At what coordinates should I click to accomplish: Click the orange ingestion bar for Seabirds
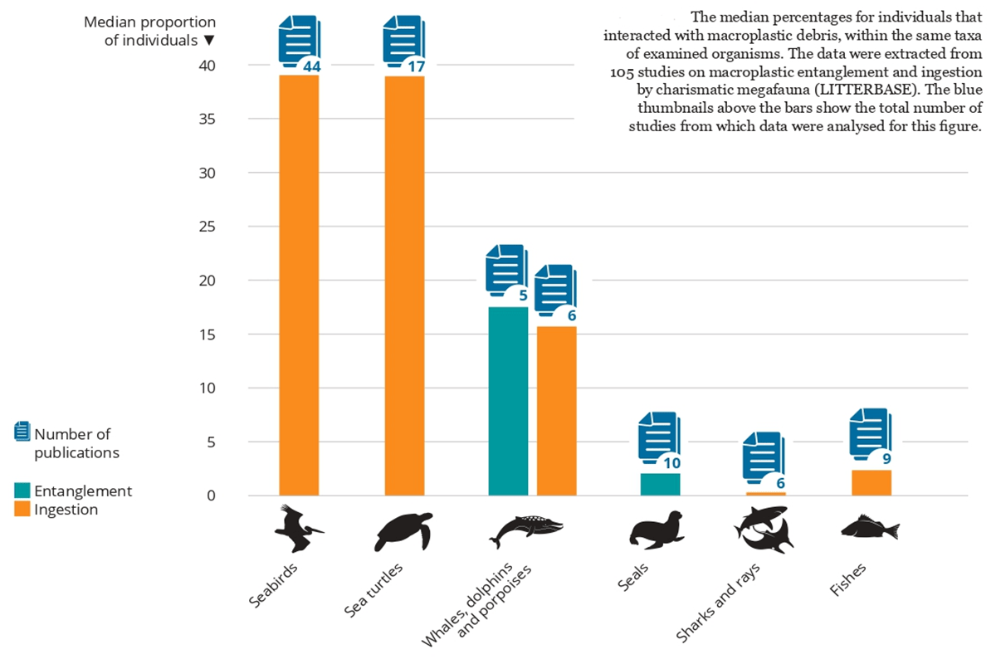[299, 285]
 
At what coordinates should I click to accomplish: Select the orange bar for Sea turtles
[405, 286]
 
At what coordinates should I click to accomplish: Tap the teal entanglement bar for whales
[508, 401]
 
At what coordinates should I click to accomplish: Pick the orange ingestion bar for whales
[557, 411]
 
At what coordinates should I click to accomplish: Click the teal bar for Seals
[661, 485]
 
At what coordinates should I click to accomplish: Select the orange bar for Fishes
[871, 482]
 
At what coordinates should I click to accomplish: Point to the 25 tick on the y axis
[207, 227]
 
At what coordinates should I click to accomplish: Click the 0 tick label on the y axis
[211, 496]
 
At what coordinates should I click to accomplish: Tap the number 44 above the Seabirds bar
[312, 66]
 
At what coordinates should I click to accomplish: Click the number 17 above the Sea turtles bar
[417, 66]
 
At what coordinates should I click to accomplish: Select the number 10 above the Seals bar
[671, 463]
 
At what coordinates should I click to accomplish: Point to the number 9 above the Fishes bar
[886, 458]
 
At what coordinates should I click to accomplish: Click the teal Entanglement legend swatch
[22, 490]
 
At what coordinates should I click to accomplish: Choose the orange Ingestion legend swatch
[22, 508]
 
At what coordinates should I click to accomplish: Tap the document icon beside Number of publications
[22, 431]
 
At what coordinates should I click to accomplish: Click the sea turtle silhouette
[403, 531]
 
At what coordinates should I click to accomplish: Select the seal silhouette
[657, 530]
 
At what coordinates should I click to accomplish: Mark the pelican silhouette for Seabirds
[299, 528]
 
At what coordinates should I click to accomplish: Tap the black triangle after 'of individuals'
[209, 41]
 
